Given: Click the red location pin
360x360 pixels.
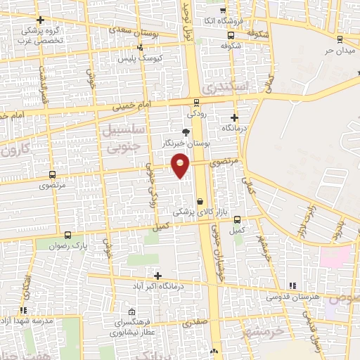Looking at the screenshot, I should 181,165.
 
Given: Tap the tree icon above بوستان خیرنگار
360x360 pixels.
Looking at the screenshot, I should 186,131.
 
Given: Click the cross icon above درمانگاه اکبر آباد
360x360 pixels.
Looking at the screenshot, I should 157,276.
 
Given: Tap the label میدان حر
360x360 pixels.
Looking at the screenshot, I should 336,51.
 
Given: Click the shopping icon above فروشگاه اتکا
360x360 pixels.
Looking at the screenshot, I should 223,11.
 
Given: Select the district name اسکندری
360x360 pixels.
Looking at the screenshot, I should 224,87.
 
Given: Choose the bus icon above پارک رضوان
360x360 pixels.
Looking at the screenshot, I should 67,235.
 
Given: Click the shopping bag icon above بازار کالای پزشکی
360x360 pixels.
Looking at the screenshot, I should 200,200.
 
